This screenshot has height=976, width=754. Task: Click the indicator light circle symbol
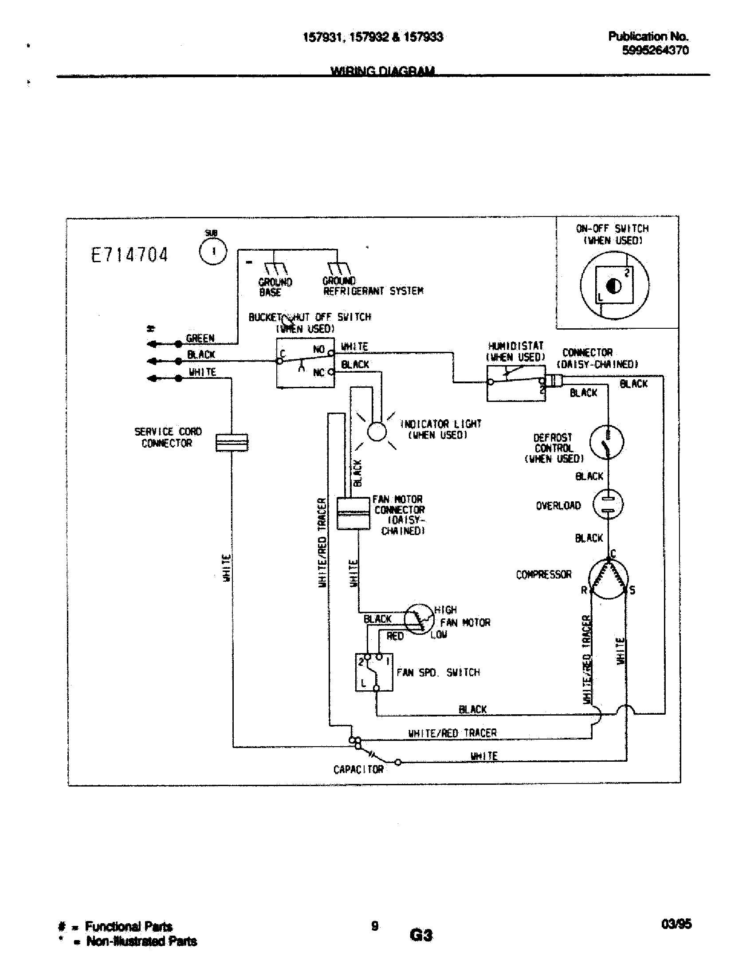pos(377,431)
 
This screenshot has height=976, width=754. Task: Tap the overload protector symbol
pos(608,504)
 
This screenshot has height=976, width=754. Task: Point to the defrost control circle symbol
pos(607,442)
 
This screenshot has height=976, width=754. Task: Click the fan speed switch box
pos(374,672)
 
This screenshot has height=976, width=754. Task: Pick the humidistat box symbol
pos(515,383)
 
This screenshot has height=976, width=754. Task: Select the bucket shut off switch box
pos(305,362)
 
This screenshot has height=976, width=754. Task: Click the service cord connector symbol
pos(232,442)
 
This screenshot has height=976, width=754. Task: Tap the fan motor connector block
pos(353,513)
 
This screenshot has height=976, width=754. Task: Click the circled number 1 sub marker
pos(213,251)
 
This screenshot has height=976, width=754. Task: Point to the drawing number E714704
pos(130,255)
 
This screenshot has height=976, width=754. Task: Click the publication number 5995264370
pos(655,50)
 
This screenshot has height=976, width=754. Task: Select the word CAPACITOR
pos(358,769)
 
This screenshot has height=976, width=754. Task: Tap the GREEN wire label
pos(200,338)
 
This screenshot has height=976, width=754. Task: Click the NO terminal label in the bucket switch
pos(318,349)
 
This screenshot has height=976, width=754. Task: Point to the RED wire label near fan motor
pos(395,636)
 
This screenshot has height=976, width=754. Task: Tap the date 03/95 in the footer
pos(676,924)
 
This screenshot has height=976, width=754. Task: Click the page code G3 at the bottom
pos(421,935)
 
